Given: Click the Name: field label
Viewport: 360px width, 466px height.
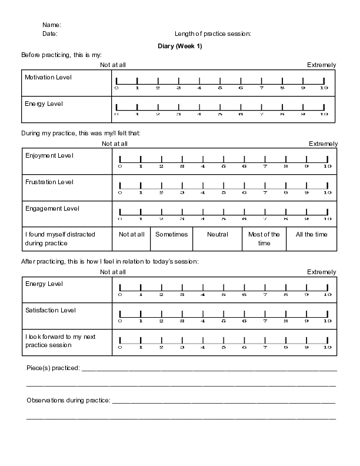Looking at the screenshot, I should pos(51,25).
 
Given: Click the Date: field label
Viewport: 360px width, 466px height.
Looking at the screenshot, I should pos(50,34).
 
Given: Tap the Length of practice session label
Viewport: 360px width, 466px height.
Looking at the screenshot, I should pos(213,34).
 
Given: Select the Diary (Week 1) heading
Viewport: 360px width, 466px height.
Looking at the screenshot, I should pos(180,46).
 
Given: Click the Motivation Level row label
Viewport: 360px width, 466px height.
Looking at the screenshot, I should pos(48,77).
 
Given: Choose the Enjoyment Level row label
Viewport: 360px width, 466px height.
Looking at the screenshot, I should pos(49,155).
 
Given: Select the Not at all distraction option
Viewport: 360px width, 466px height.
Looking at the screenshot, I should pos(131,234).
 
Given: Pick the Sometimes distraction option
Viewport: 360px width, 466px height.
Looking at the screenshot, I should pos(171,234).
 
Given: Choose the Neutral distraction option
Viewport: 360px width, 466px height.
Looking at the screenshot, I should pos(218,234).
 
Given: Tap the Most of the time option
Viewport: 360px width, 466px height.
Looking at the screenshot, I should pos(264,238).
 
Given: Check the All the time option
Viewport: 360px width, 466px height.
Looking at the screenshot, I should pos(311,234).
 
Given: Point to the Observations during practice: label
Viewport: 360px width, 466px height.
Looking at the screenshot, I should pos(68,400).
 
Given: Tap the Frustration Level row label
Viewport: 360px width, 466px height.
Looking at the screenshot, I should pos(49,182).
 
